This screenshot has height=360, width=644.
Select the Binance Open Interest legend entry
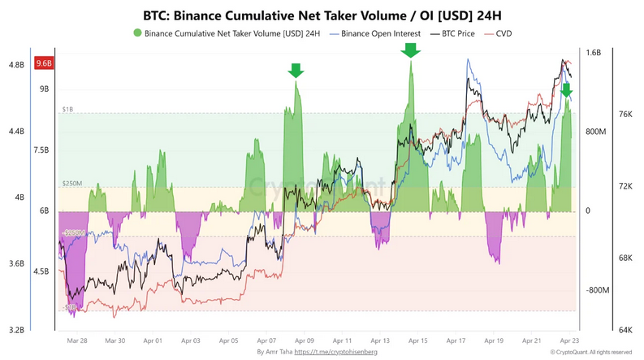click(380, 33)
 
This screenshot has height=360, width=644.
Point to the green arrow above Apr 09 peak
click(296, 71)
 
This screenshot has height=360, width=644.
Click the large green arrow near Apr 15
click(411, 50)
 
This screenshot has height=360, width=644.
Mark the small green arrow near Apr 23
click(566, 89)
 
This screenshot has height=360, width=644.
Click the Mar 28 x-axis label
click(77, 341)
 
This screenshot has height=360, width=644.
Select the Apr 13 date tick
click(380, 341)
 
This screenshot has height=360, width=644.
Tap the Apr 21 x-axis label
click(532, 341)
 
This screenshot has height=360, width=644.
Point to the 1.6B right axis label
click(593, 53)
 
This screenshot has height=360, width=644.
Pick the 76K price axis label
click(625, 115)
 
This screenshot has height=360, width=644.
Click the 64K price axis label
click(625, 330)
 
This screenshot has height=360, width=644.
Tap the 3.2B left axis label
click(16, 330)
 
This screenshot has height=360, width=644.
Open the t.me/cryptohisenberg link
click(335, 352)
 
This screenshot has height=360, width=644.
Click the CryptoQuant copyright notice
click(590, 352)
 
